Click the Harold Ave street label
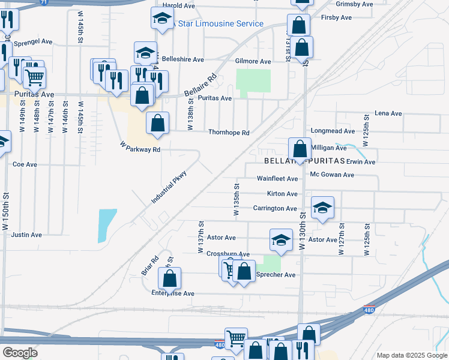point(179,5)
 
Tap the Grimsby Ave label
point(352,4)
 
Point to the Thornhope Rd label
point(228,132)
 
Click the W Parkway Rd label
point(140,147)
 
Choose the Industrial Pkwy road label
point(169,187)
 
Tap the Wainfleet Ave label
point(277,179)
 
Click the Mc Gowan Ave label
point(332,175)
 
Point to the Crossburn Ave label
point(228,254)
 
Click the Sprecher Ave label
point(276,275)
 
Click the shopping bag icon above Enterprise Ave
point(170,278)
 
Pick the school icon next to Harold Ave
point(161,19)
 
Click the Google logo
point(20,353)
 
